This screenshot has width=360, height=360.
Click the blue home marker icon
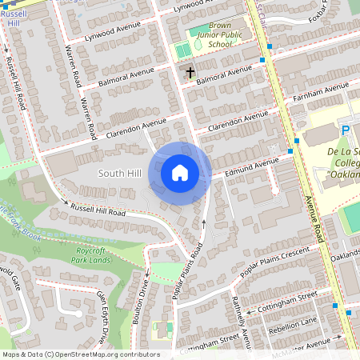(x=180, y=173)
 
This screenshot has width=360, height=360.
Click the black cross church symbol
(x=190, y=73)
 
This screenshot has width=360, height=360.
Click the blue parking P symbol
(x=346, y=130)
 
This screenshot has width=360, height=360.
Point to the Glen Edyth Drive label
(x=101, y=316)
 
